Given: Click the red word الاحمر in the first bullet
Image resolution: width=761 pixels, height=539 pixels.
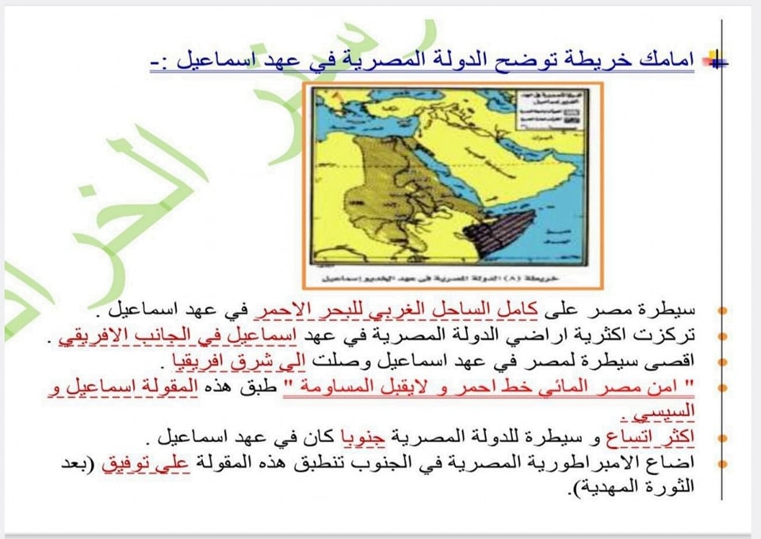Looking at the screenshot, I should [274, 309].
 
